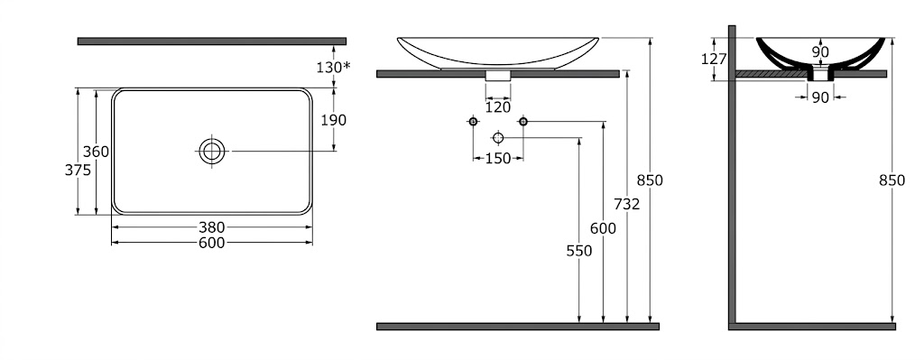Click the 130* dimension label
333,67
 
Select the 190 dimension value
334,120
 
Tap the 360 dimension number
96,152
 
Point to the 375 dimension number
78,170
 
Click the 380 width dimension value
211,226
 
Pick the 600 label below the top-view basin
211,243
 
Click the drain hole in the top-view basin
211,152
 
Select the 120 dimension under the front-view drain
498,107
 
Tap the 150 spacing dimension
498,159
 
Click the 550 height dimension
578,251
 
